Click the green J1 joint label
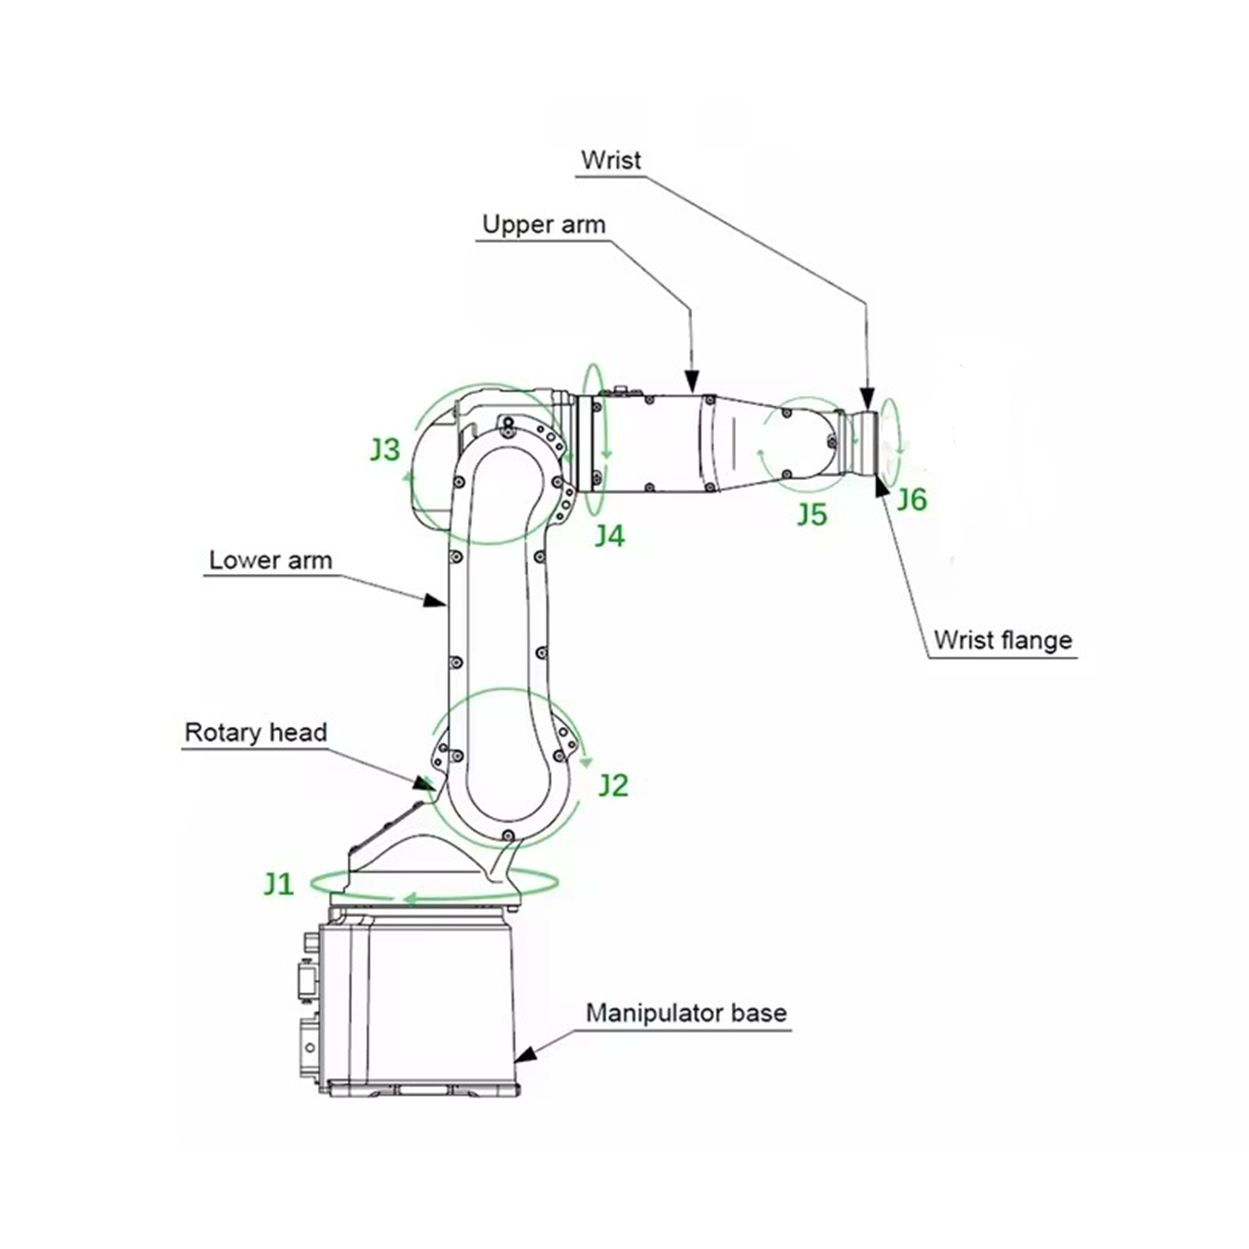click(x=279, y=883)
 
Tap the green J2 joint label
click(x=614, y=785)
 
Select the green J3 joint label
click(x=385, y=450)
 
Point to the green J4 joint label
click(x=610, y=535)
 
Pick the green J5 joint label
click(x=812, y=515)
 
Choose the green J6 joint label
click(x=912, y=500)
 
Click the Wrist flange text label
click(x=1003, y=640)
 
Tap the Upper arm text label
click(x=544, y=225)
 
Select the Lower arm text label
click(x=270, y=560)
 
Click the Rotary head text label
click(x=256, y=733)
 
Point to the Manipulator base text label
click(x=686, y=1013)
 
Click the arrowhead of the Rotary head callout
click(x=425, y=782)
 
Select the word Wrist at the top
click(x=611, y=160)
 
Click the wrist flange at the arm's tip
click(x=868, y=442)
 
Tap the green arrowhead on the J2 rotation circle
click(x=588, y=761)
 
